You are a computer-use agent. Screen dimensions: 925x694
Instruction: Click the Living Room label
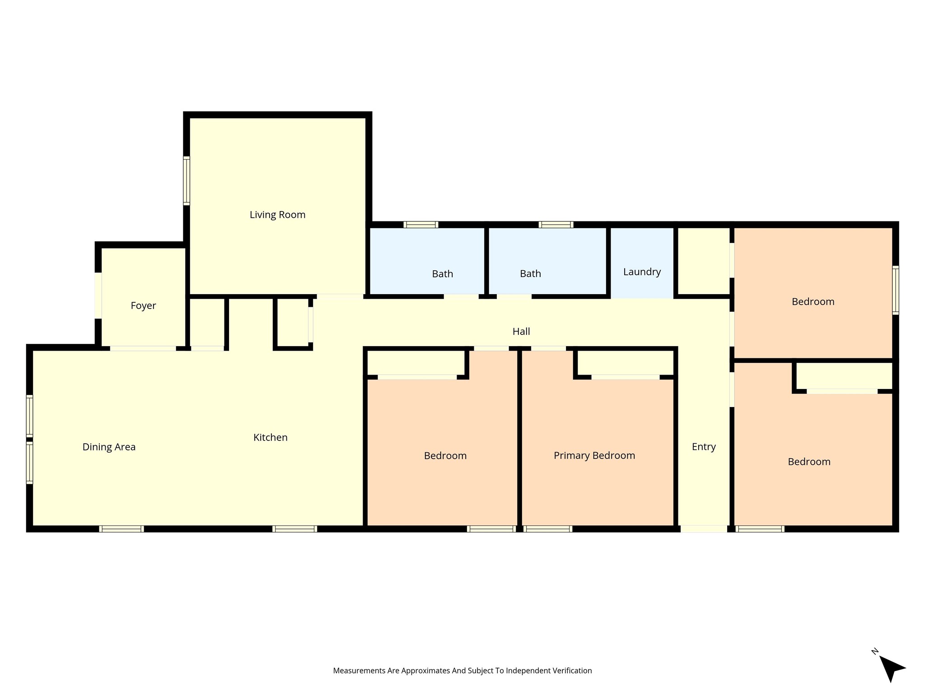click(277, 215)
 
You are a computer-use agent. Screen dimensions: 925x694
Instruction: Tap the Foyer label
click(143, 306)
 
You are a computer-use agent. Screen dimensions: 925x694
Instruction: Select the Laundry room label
click(642, 272)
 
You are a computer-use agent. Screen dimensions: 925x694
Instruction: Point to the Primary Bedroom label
click(594, 455)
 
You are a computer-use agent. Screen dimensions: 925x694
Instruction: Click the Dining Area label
click(109, 447)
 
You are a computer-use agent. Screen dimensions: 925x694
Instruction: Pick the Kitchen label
click(271, 437)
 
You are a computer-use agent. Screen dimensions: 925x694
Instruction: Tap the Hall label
click(521, 332)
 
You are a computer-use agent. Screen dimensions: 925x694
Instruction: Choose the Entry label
click(704, 447)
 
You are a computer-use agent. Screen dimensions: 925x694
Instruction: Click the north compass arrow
click(891, 668)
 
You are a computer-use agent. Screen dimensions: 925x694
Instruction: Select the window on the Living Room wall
click(187, 181)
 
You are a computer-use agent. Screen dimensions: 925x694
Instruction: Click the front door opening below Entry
click(704, 529)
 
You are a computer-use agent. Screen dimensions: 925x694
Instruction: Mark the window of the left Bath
click(421, 225)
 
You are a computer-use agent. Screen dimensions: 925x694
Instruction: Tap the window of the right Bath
click(556, 225)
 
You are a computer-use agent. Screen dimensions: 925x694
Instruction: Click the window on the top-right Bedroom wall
click(896, 290)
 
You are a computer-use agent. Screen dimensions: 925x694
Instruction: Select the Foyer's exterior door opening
click(98, 295)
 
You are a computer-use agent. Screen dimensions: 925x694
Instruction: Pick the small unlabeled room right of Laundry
click(704, 261)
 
